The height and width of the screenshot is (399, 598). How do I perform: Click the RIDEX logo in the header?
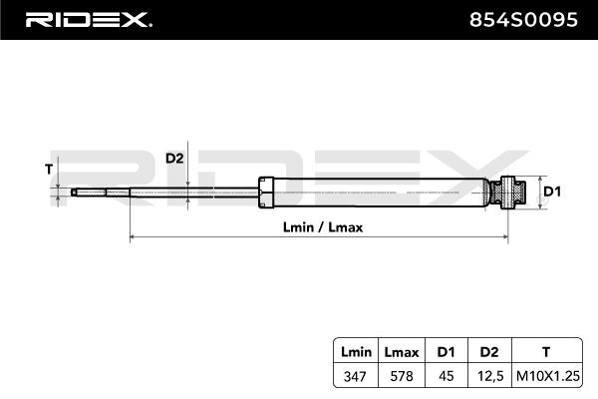click(x=87, y=18)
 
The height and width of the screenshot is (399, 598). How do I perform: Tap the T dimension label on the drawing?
click(x=49, y=169)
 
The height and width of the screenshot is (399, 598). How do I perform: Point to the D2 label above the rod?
click(x=174, y=159)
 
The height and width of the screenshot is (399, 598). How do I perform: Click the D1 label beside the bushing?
click(x=553, y=191)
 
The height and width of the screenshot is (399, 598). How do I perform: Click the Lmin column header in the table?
click(x=355, y=352)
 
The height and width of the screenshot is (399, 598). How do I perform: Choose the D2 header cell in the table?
click(x=488, y=352)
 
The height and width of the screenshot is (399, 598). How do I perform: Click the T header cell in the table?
click(x=544, y=352)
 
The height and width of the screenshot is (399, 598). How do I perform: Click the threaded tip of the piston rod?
click(x=84, y=193)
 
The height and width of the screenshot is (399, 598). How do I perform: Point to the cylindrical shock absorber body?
click(x=379, y=193)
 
